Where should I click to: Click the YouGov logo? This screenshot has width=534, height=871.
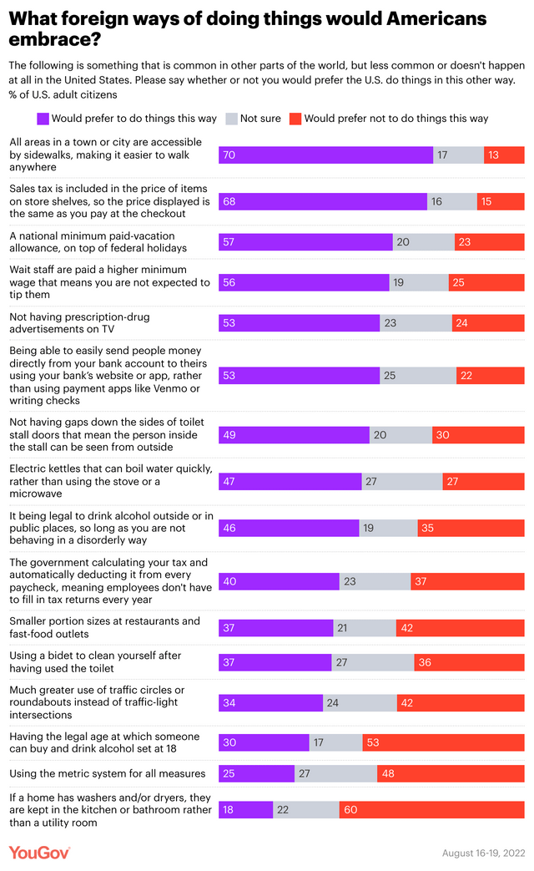click(x=39, y=853)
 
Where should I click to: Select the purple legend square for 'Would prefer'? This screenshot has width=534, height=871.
click(x=43, y=119)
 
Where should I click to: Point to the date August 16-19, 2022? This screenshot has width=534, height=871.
click(x=483, y=853)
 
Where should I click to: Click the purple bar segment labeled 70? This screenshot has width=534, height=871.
click(x=325, y=154)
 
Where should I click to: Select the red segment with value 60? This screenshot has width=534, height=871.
click(x=431, y=810)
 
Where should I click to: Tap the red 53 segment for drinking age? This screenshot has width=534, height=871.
click(x=443, y=742)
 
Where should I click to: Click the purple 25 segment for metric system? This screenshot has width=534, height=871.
click(x=256, y=773)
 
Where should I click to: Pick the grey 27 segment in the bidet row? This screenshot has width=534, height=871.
click(x=372, y=662)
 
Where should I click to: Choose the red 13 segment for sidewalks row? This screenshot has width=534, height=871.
click(x=504, y=154)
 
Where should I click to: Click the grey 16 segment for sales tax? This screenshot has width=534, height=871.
click(x=451, y=201)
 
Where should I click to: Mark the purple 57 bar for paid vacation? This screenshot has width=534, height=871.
click(x=305, y=242)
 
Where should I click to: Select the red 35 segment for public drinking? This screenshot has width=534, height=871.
click(x=471, y=528)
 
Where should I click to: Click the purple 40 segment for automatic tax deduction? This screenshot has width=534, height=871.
click(x=279, y=581)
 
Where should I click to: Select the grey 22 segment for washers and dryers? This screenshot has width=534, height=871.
click(x=305, y=810)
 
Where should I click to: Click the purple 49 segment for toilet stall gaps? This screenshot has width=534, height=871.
click(x=294, y=435)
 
